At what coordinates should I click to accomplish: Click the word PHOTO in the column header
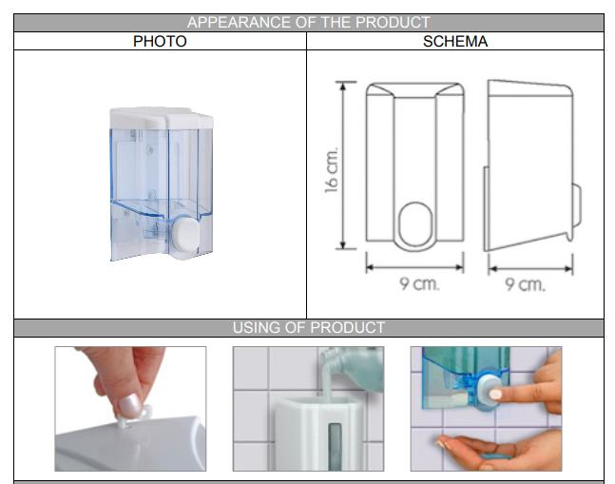[160, 41]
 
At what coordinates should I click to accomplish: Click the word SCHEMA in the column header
[455, 41]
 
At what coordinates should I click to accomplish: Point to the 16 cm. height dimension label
[332, 169]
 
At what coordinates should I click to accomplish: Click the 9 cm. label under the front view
[419, 283]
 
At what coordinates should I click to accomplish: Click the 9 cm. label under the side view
[525, 284]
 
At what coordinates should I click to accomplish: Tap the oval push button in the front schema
[415, 224]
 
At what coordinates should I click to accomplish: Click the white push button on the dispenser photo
[185, 234]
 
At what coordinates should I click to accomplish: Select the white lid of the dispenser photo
[162, 118]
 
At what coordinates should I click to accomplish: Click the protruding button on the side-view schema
[575, 206]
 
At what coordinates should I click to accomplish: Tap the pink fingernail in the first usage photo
[130, 406]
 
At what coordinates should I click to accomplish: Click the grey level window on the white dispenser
[335, 447]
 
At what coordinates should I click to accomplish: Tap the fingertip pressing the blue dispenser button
[496, 394]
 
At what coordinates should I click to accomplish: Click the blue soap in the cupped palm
[496, 456]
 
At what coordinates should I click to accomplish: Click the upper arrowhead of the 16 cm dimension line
[343, 87]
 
